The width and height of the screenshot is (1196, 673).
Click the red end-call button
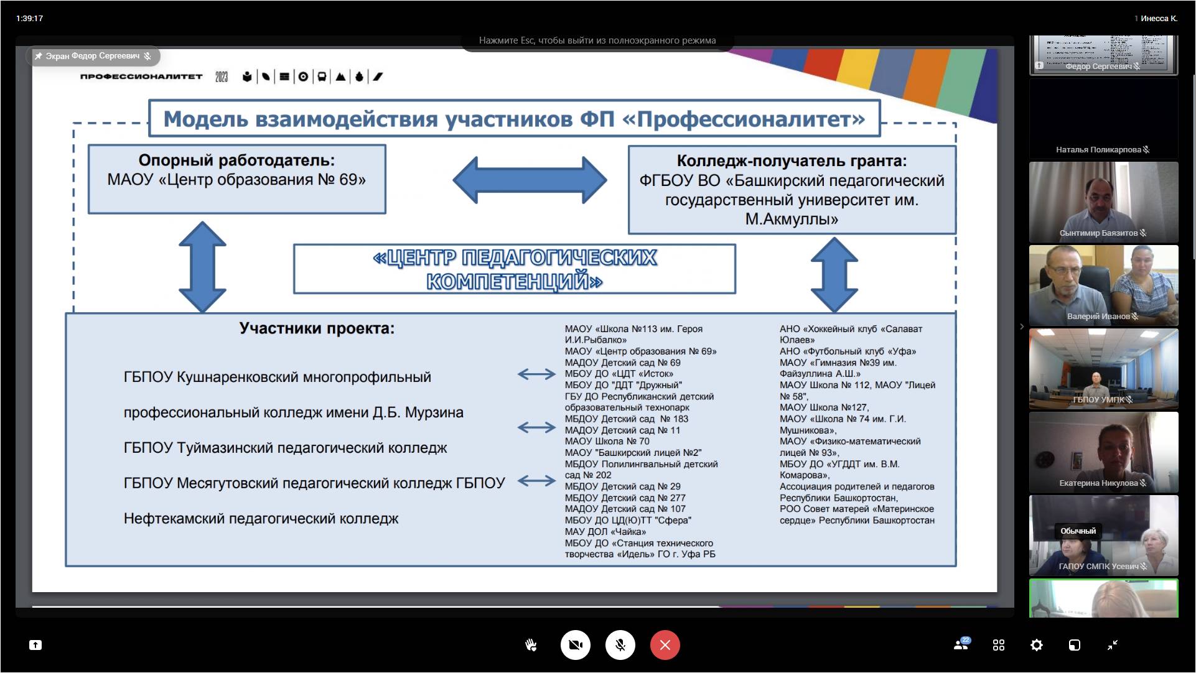(665, 645)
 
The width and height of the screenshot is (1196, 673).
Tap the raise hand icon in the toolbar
(531, 645)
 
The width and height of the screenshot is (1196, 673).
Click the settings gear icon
(1036, 645)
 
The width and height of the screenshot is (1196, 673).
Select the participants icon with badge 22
(961, 644)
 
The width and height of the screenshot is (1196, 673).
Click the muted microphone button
(620, 645)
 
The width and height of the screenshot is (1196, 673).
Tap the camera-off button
(575, 645)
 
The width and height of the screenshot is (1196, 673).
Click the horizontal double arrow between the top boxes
(530, 180)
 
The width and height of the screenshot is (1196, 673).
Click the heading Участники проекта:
(317, 328)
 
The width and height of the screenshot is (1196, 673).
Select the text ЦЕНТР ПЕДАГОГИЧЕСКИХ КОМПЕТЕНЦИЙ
(515, 269)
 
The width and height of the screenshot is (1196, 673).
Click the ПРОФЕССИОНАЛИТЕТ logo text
(141, 77)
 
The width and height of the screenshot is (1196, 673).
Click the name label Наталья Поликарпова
(1098, 149)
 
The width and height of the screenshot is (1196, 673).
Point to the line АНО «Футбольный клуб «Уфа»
(848, 351)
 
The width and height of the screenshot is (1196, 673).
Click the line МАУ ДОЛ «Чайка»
(605, 532)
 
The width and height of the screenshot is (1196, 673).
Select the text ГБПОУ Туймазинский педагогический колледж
(285, 448)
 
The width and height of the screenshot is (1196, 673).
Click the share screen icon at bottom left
(35, 645)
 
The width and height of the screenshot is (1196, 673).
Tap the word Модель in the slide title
(205, 119)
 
